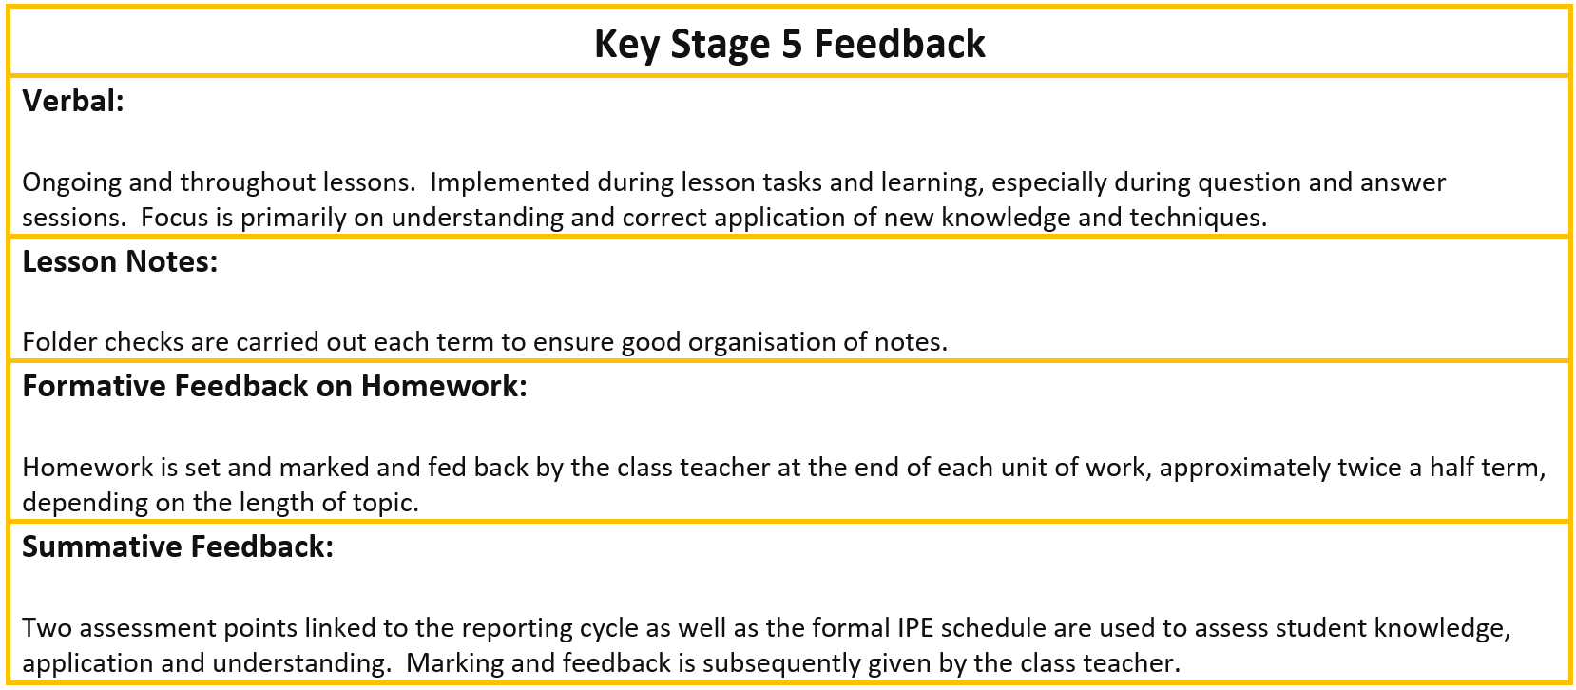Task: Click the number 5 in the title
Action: click(x=792, y=45)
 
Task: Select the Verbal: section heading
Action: click(x=73, y=102)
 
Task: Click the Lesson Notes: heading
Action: click(x=121, y=261)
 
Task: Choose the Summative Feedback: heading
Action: click(x=178, y=546)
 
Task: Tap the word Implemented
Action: click(x=510, y=182)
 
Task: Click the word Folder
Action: click(x=60, y=342)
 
